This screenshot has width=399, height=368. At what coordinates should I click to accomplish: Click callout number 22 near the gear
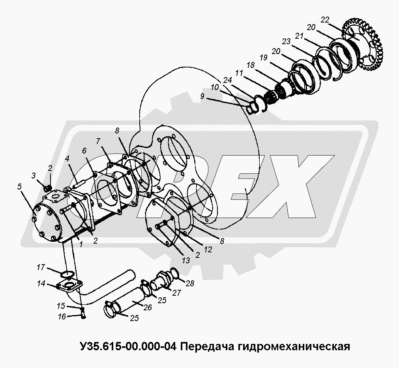pyautogui.click(x=325, y=20)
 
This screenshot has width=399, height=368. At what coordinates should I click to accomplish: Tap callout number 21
pyautogui.click(x=299, y=36)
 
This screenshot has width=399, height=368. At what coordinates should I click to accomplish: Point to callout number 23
pyautogui.click(x=286, y=41)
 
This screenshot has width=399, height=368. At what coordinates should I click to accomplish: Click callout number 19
pyautogui.click(x=264, y=58)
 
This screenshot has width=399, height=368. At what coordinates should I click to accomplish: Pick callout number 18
pyautogui.click(x=250, y=65)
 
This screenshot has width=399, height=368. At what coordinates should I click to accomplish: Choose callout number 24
pyautogui.click(x=227, y=80)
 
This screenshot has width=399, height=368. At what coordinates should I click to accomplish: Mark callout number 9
pyautogui.click(x=202, y=96)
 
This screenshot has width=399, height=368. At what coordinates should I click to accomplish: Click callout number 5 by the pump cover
pyautogui.click(x=19, y=187)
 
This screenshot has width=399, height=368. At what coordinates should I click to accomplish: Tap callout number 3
pyautogui.click(x=34, y=175)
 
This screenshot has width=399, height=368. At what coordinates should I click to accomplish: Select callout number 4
pyautogui.click(x=67, y=159)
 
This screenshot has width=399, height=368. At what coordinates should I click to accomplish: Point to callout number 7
pyautogui.click(x=99, y=141)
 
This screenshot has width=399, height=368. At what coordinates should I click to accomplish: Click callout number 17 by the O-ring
pyautogui.click(x=41, y=267)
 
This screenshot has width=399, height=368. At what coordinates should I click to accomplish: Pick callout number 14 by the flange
pyautogui.click(x=41, y=283)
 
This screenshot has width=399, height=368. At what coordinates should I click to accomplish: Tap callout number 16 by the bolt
pyautogui.click(x=62, y=317)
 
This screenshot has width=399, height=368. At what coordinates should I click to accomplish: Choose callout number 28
pyautogui.click(x=190, y=283)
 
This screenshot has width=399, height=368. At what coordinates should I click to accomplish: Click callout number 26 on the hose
pyautogui.click(x=148, y=307)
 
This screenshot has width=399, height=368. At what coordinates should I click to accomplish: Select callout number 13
pyautogui.click(x=186, y=261)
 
